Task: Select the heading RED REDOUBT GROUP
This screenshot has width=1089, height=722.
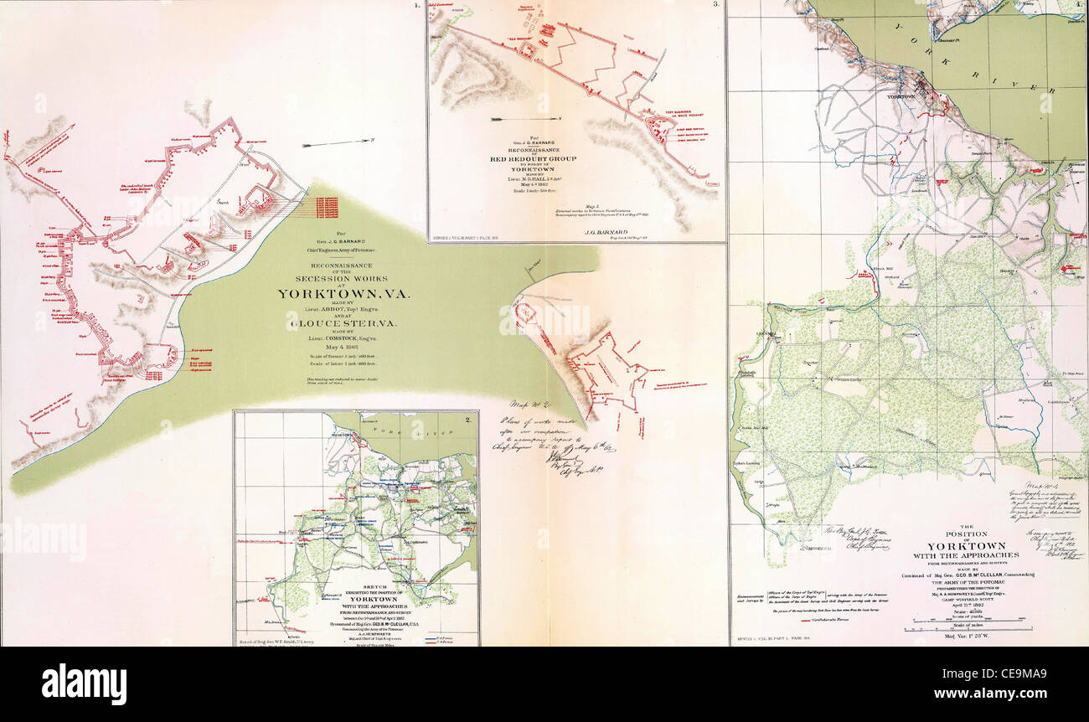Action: click(530, 157)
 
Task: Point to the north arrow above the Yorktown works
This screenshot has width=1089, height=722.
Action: click(321, 144)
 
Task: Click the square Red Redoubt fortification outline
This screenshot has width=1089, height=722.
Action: click(529, 51)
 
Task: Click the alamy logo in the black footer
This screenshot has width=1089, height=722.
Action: click(84, 683)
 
